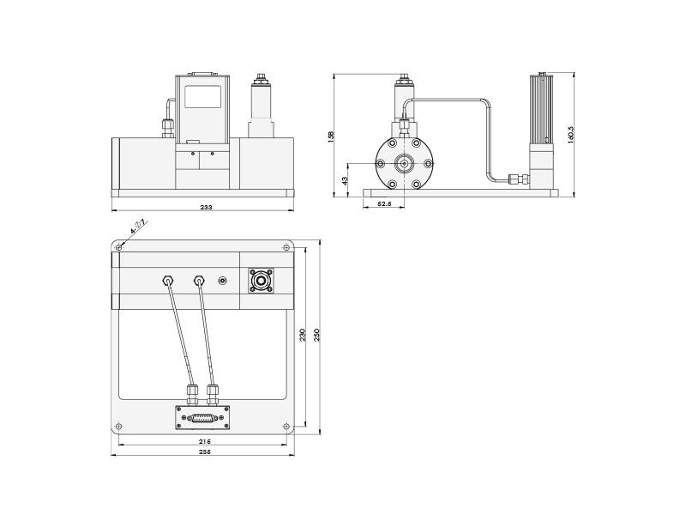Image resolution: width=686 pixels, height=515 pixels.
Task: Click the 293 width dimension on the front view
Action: [x=206, y=207]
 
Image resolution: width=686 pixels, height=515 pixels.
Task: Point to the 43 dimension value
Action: [x=344, y=180]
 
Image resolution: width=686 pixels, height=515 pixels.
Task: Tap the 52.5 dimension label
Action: [x=384, y=203]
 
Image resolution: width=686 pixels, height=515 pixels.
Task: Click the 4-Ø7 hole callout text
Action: [x=138, y=227]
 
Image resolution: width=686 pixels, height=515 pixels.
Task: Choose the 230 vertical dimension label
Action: [x=302, y=335]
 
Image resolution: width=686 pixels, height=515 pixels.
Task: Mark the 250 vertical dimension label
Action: [x=317, y=335]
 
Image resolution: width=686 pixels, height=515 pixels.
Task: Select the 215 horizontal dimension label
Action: [x=204, y=441]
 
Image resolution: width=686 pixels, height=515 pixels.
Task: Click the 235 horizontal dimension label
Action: [x=204, y=451]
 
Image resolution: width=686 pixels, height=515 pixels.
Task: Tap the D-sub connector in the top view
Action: [x=202, y=418]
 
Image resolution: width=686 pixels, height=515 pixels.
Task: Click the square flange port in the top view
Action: [x=261, y=280]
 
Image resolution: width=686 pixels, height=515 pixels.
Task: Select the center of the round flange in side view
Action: [x=404, y=163]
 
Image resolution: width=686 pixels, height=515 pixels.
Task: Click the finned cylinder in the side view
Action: [x=542, y=108]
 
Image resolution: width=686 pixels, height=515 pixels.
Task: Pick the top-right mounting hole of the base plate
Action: [x=286, y=248]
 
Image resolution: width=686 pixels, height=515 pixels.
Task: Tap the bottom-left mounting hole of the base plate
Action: [x=119, y=427]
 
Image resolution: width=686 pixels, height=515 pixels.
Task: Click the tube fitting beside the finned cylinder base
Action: [x=516, y=179]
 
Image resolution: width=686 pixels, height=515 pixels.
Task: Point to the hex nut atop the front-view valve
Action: [x=260, y=82]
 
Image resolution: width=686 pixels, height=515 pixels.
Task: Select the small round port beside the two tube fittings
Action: [x=224, y=280]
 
